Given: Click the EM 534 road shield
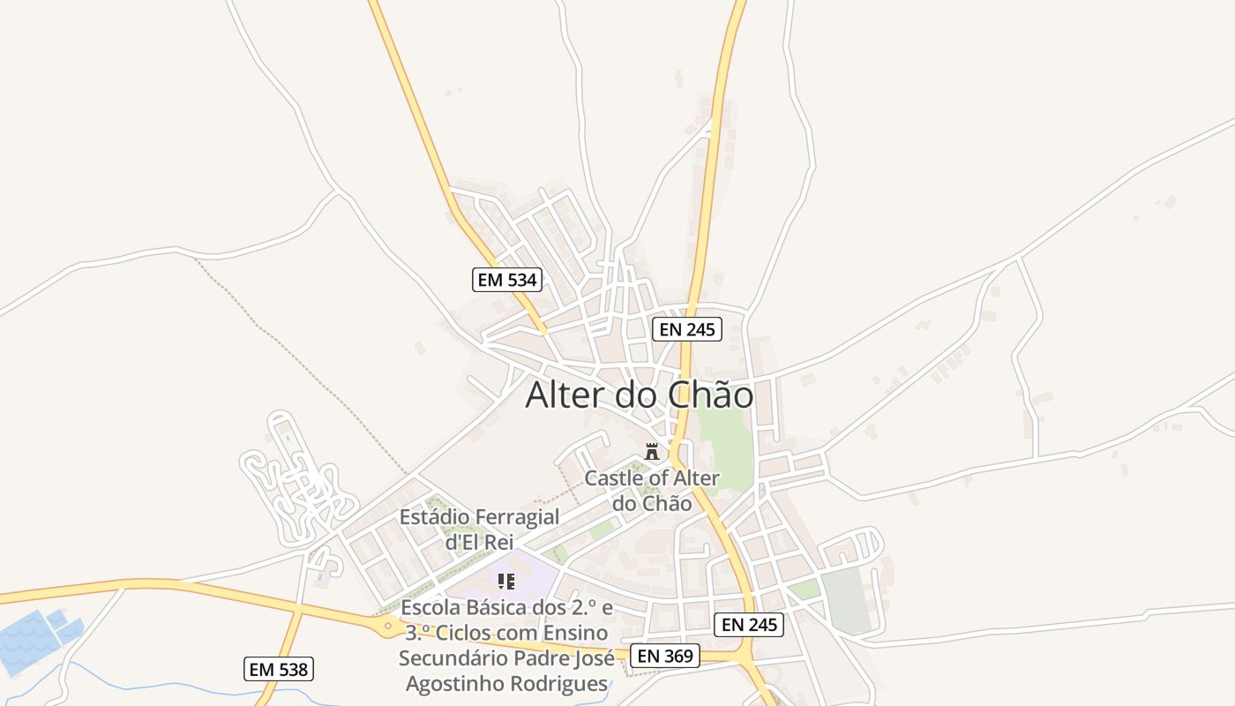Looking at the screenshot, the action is pyautogui.click(x=506, y=280).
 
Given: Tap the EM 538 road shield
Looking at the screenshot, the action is pyautogui.click(x=279, y=669).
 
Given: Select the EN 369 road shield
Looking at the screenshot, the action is pyautogui.click(x=666, y=655).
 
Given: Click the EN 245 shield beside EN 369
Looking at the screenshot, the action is pyautogui.click(x=748, y=625).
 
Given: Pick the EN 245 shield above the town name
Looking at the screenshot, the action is pyautogui.click(x=687, y=330).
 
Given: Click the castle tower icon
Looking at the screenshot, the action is pyautogui.click(x=652, y=452).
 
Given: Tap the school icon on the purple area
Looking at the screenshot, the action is pyautogui.click(x=505, y=581).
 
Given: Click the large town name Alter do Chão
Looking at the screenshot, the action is pyautogui.click(x=640, y=395).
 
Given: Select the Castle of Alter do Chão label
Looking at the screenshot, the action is pyautogui.click(x=653, y=491).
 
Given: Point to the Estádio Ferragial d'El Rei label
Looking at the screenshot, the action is pyautogui.click(x=479, y=529).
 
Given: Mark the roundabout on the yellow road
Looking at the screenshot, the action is pyautogui.click(x=386, y=627).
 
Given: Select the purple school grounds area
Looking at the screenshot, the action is pyautogui.click(x=529, y=574).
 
